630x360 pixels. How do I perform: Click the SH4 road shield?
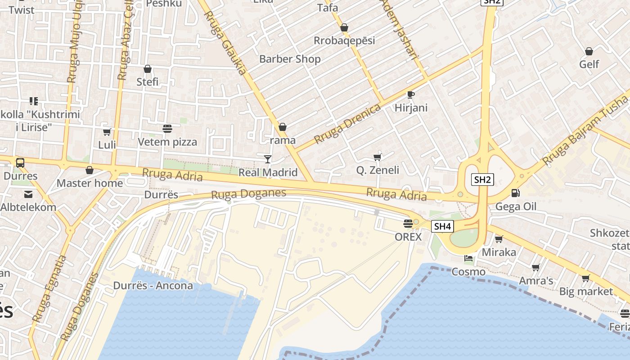click(442, 226)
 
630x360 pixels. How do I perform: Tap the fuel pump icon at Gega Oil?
click(515, 193)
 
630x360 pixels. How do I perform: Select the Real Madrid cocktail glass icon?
click(268, 159)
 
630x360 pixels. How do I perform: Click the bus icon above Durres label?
click(20, 163)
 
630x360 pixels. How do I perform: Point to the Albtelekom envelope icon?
click(28, 194)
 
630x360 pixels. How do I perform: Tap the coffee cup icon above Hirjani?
click(410, 94)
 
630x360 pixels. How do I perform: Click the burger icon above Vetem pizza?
click(167, 129)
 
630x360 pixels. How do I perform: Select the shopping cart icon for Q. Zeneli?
click(378, 157)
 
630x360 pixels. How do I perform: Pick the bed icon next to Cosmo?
click(468, 258)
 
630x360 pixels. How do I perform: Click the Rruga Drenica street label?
click(347, 124)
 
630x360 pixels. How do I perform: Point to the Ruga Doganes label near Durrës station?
click(248, 194)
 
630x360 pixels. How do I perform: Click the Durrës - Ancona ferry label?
click(153, 286)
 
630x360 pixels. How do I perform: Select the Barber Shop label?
click(290, 59)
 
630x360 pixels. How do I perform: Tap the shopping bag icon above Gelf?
click(589, 51)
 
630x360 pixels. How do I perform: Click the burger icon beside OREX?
click(408, 223)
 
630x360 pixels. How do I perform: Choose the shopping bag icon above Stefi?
click(147, 69)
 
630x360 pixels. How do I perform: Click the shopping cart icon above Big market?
click(585, 278)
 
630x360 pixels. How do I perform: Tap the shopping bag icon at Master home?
click(90, 170)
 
